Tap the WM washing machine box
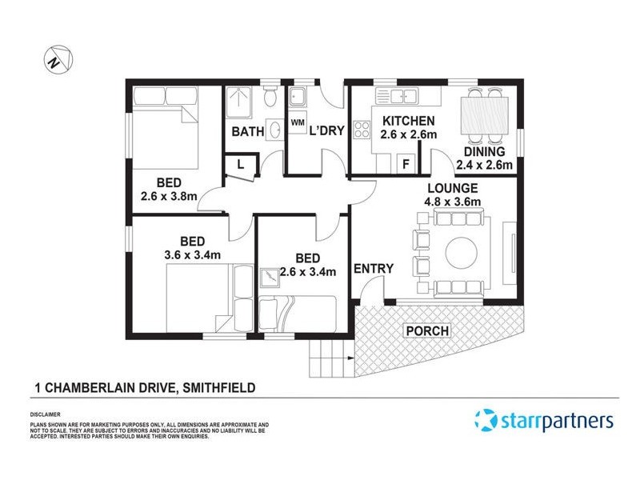point(297,122)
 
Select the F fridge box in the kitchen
point(406,165)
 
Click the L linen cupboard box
point(240,165)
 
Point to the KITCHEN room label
point(408,121)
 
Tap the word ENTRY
point(374,268)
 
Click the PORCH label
point(426,330)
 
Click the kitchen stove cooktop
point(361,130)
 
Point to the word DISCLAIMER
point(46,415)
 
